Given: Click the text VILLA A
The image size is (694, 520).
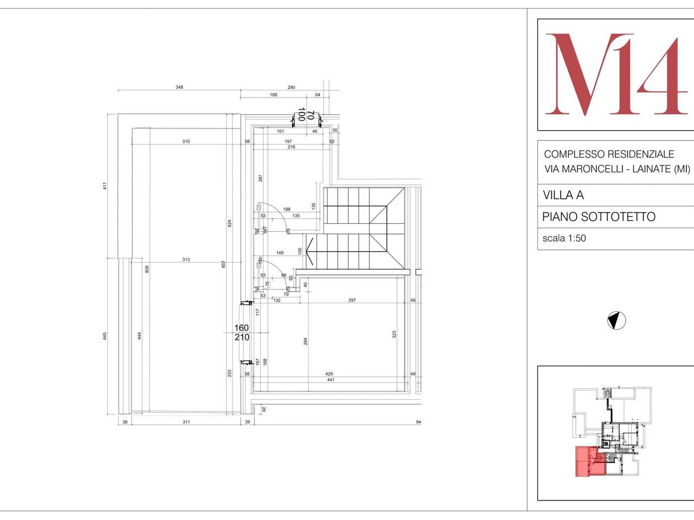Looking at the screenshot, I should tap(563, 195).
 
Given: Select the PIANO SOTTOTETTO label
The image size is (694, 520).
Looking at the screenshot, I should tap(599, 217).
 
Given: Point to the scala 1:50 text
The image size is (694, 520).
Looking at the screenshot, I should tap(564, 238).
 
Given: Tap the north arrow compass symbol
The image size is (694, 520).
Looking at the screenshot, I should tap(616, 321).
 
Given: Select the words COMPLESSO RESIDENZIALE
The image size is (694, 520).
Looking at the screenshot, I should tap(609, 154).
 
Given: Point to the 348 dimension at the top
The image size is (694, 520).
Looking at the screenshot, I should tap(178, 87).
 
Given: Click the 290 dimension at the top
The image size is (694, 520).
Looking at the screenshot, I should tap(291, 87).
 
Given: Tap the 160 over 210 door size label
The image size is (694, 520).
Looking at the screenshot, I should tap(241, 333).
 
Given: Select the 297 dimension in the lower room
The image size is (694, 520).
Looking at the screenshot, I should tap(352, 300).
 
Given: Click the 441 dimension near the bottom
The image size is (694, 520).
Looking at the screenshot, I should tap(330, 380).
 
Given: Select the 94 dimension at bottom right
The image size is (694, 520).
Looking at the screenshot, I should tap(418, 422).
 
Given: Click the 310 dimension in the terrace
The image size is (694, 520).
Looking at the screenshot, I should tap(186, 141).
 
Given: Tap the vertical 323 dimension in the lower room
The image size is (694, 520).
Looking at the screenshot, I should tap(394, 335).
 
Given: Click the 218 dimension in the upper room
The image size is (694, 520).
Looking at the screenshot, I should tap(291, 147).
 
